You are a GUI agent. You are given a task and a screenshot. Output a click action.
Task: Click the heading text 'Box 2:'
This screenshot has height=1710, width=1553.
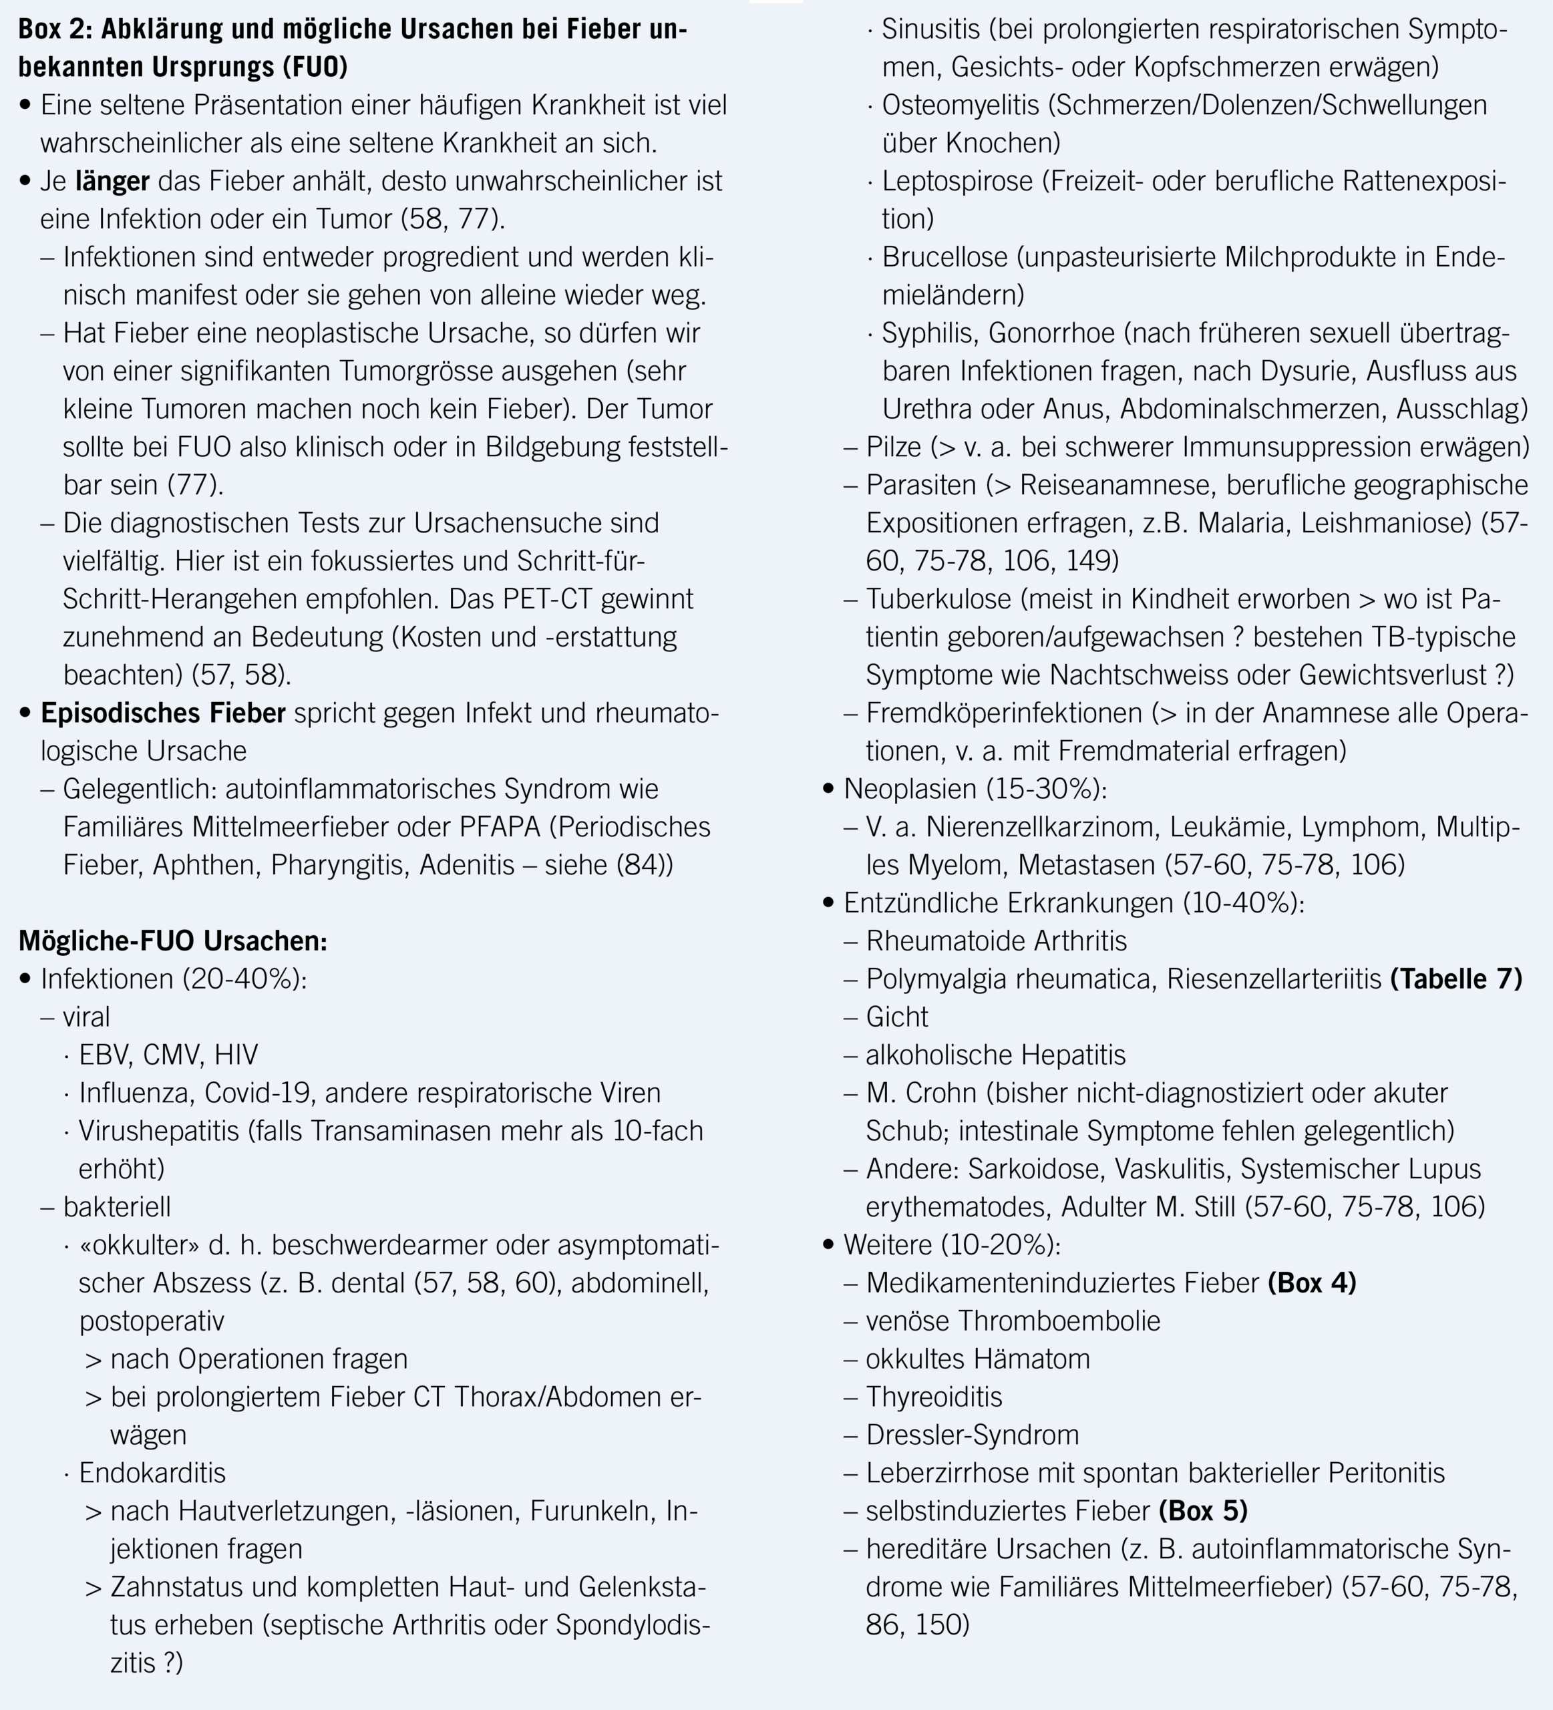pyautogui.click(x=55, y=29)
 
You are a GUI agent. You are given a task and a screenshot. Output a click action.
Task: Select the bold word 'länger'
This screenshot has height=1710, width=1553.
pyautogui.click(x=112, y=180)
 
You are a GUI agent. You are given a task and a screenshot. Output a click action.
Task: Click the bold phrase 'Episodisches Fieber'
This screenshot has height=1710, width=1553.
pyautogui.click(x=163, y=713)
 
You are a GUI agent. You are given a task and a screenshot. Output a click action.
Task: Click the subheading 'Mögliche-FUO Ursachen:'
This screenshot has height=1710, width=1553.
pyautogui.click(x=172, y=940)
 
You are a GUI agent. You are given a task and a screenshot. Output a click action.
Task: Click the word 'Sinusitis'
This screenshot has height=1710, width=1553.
pyautogui.click(x=930, y=29)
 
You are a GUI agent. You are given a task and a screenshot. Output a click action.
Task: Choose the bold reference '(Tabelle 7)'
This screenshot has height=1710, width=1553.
pyautogui.click(x=1456, y=979)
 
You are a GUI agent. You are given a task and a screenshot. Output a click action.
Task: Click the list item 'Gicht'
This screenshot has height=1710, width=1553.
pyautogui.click(x=896, y=1017)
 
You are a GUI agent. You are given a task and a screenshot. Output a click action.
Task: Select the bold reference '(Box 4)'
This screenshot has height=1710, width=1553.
pyautogui.click(x=1312, y=1283)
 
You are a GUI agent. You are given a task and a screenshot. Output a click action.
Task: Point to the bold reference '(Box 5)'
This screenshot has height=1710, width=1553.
pyautogui.click(x=1203, y=1511)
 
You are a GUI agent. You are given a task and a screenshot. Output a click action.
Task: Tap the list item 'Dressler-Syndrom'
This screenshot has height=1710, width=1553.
pyautogui.click(x=972, y=1435)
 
